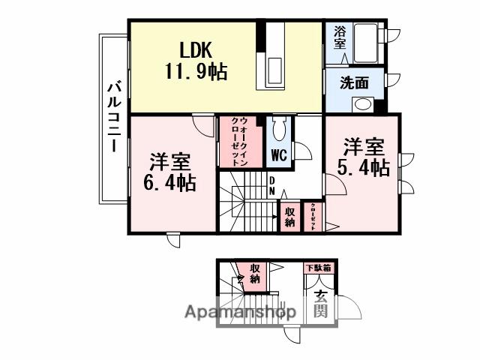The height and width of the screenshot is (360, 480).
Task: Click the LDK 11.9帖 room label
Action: pyautogui.click(x=196, y=61)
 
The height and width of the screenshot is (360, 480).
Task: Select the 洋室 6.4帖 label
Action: pyautogui.click(x=169, y=172)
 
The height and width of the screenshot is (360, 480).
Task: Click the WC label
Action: pyautogui.click(x=278, y=156)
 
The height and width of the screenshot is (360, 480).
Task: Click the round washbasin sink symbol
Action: pyautogui.click(x=362, y=105)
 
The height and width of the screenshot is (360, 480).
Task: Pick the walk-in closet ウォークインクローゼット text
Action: pyautogui.click(x=240, y=141)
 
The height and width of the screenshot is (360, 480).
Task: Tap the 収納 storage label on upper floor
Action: pyautogui.click(x=289, y=216)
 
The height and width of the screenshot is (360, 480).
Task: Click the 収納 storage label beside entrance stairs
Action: pyautogui.click(x=255, y=274)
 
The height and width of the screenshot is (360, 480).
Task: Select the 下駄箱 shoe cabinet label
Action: pyautogui.click(x=319, y=267)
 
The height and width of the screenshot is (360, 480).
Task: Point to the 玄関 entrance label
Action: pyautogui.click(x=319, y=303)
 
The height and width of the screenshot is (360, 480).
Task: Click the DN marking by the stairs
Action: pyautogui.click(x=271, y=186)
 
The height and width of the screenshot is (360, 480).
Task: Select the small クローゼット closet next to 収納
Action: pyautogui.click(x=312, y=216)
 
